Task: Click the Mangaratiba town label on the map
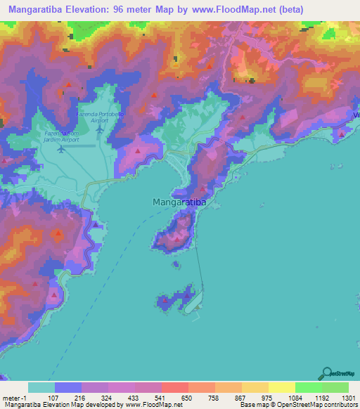179,202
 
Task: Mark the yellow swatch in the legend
281,387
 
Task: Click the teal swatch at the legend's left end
41,387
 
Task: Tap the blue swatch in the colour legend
68,387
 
